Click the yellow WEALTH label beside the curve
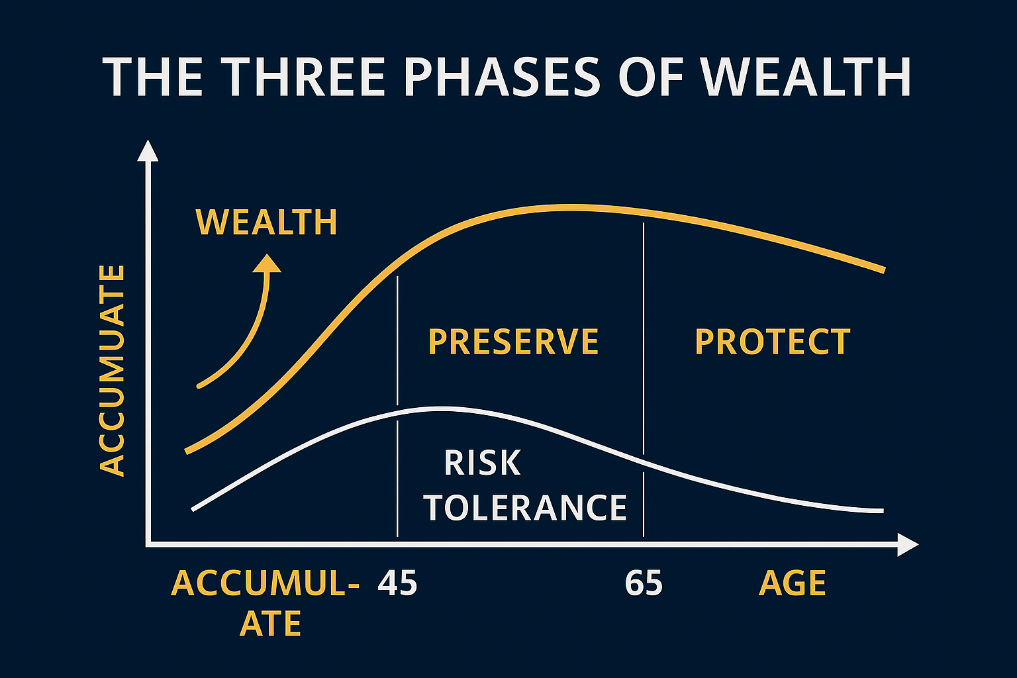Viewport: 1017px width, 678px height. click(x=267, y=222)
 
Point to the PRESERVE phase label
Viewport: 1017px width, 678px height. click(x=513, y=342)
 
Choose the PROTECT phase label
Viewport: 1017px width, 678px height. click(x=772, y=342)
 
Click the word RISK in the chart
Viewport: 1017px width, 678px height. click(x=482, y=463)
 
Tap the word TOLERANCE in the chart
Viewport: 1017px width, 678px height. click(x=525, y=508)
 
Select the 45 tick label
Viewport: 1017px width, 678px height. click(x=397, y=583)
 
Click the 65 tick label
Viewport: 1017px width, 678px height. click(x=644, y=583)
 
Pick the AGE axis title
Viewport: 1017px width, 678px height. click(x=793, y=583)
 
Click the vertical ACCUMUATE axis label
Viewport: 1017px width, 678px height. click(x=112, y=370)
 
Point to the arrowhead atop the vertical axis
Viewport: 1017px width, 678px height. click(x=148, y=150)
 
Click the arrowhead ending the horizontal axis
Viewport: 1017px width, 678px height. click(x=908, y=544)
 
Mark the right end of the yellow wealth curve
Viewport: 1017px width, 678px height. click(x=883, y=269)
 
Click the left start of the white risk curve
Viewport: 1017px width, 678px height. click(x=193, y=508)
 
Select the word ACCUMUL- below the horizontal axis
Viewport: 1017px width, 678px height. click(x=266, y=583)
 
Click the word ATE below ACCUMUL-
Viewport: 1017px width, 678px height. click(x=270, y=624)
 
